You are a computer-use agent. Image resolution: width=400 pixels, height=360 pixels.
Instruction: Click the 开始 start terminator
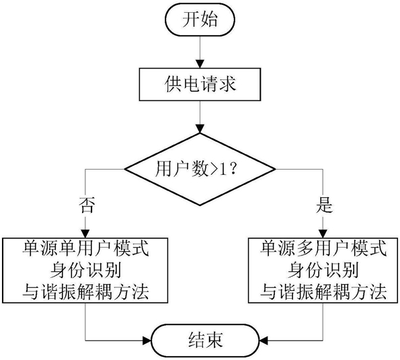pos(200,19)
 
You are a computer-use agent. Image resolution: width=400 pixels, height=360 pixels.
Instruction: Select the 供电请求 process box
pos(200,84)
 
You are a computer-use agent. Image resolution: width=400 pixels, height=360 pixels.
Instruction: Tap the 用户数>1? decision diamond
pos(200,169)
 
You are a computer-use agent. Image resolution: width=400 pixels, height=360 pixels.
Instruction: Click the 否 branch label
pos(87,205)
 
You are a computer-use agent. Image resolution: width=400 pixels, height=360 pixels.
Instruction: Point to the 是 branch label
pos(325,205)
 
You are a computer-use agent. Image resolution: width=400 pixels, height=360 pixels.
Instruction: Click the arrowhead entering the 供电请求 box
pos(200,64)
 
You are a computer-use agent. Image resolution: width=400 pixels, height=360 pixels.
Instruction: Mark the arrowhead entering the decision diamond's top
pos(200,129)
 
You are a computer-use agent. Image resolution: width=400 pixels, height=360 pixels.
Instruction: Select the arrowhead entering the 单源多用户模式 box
pos(323,234)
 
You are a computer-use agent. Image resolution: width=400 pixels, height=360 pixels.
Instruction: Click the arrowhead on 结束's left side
pos(147,340)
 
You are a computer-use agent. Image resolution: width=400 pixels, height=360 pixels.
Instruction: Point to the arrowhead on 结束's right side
pos(264,340)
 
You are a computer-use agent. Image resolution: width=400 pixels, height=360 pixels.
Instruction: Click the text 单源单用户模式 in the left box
pos(85,249)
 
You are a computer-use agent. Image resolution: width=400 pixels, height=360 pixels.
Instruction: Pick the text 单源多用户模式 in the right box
pos(323,249)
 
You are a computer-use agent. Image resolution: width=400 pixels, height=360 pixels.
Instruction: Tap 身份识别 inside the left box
pos(85,270)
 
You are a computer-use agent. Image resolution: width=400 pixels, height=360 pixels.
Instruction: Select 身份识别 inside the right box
pos(323,270)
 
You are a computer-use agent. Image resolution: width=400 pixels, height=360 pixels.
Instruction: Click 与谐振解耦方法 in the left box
pos(85,292)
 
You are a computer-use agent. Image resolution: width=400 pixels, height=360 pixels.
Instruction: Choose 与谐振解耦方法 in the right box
pos(323,292)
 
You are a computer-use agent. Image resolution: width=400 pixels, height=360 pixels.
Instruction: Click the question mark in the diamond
pos(233,168)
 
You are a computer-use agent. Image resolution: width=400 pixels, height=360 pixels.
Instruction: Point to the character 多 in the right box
pos(305,249)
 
